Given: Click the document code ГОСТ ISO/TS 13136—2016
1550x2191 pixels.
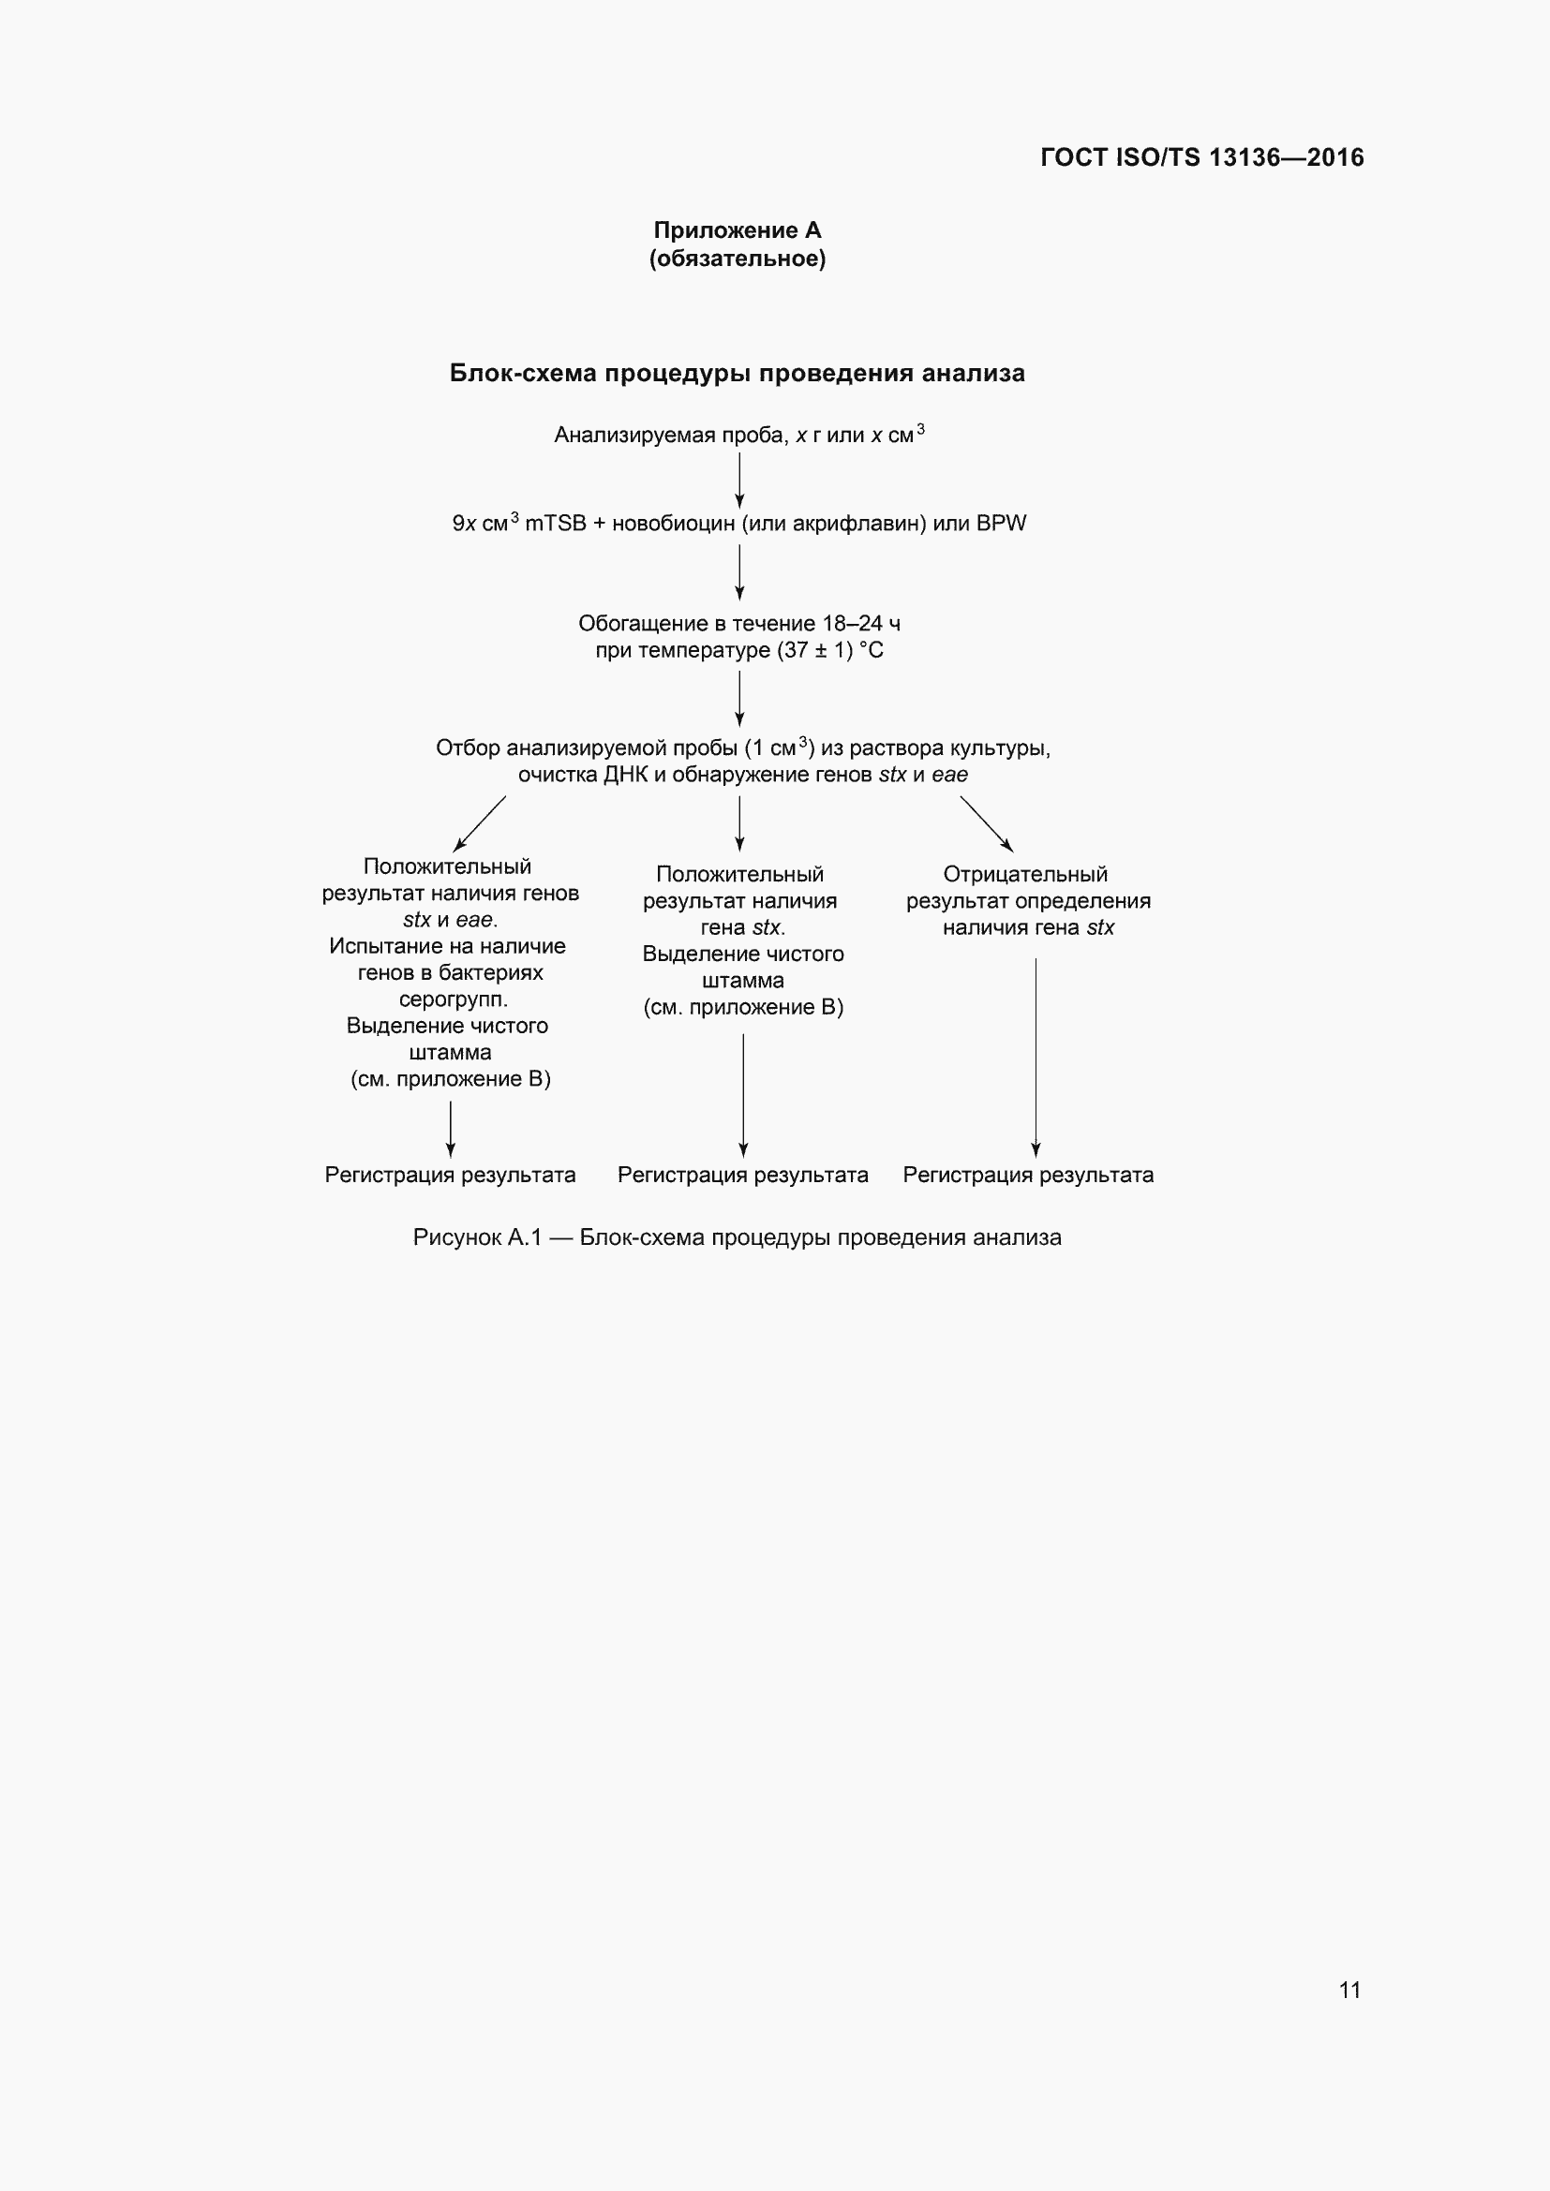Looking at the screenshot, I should point(1201,157).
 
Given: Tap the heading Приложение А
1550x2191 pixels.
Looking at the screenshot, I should point(737,230).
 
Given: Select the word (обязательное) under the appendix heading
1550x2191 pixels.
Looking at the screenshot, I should point(737,259).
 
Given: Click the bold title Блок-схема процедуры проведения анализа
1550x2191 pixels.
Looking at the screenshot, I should point(737,373).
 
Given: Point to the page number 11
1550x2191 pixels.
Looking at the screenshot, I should point(1349,1990).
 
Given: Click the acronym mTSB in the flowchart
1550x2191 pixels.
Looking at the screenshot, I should point(556,524).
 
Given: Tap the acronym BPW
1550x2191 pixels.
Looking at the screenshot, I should point(1001,524).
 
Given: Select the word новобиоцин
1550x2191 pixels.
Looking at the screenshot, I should point(674,524).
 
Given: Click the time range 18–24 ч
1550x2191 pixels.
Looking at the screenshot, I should point(861,624).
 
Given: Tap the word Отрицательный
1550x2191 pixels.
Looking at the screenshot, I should point(1025,874).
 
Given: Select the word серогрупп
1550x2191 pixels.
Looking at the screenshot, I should point(454,1000).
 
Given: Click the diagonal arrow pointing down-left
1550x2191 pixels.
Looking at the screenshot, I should point(479,822).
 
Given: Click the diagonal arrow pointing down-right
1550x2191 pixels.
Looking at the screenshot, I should point(987,823).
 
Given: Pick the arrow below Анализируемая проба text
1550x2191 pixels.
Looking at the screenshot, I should point(739,480).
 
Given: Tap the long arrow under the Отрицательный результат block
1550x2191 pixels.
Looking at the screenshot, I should point(1036,1058).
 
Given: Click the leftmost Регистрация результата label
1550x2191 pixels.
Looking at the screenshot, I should point(450,1175).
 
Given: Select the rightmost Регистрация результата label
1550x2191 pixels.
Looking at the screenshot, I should point(1028,1175).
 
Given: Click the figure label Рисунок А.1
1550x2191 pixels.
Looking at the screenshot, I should point(476,1237).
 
